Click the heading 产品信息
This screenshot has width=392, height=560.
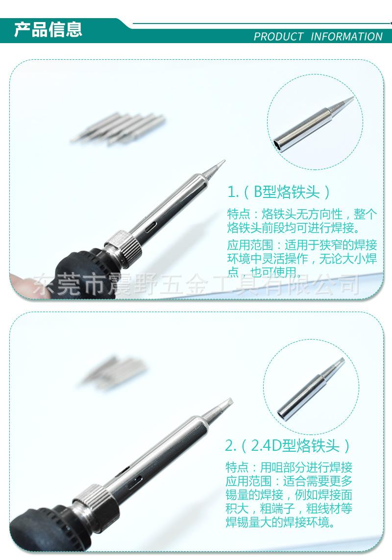pyautogui.click(x=48, y=29)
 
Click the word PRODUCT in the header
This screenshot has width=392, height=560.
pyautogui.click(x=278, y=37)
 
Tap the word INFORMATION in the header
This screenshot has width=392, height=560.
pyautogui.click(x=346, y=37)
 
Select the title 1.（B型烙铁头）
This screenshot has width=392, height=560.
pyautogui.click(x=279, y=192)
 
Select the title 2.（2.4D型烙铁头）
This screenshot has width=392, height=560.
pyautogui.click(x=288, y=446)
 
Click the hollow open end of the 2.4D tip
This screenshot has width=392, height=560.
pyautogui.click(x=282, y=413)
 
